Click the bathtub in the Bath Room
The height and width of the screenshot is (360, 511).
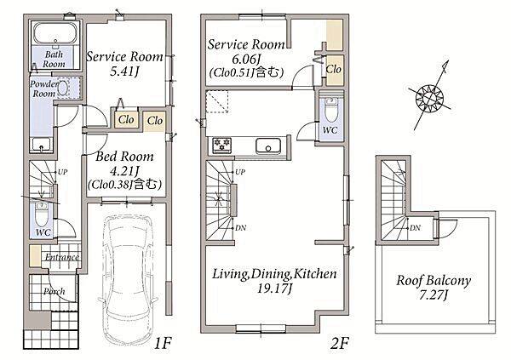(55, 33)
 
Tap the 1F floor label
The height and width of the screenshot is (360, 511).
(163, 343)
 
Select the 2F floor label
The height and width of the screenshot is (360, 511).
(340, 343)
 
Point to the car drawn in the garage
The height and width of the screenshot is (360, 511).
(128, 279)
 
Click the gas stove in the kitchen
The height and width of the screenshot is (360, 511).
(222, 145)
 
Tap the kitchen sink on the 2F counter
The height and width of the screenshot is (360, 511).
(268, 146)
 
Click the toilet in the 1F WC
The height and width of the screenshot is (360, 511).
(42, 214)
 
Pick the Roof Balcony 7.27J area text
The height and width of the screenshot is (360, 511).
(433, 288)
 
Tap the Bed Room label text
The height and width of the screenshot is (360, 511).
(124, 157)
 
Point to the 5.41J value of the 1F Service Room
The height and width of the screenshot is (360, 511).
(124, 71)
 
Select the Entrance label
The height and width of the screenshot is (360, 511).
(62, 257)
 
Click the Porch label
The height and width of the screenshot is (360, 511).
(55, 291)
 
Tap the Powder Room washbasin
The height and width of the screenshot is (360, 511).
(63, 88)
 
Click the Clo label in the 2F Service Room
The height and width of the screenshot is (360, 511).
(333, 69)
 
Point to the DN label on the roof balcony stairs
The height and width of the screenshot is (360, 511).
(415, 228)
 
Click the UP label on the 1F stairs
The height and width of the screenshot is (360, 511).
(62, 172)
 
